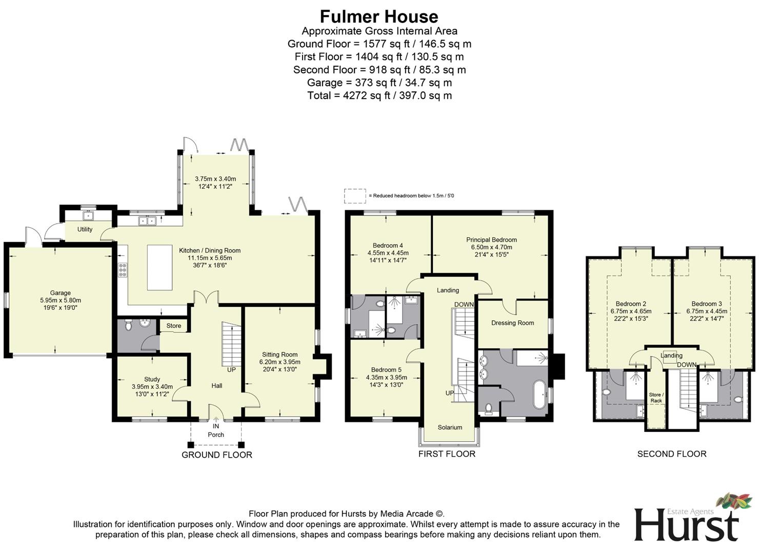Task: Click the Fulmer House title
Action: click(x=379, y=16)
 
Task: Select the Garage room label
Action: click(x=61, y=293)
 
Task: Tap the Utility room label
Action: click(x=85, y=229)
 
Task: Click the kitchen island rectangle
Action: click(x=159, y=267)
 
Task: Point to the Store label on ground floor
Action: click(x=173, y=326)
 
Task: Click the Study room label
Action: click(x=152, y=380)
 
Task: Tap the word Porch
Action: click(x=216, y=434)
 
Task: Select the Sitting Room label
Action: click(x=279, y=354)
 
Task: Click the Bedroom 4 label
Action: click(x=388, y=246)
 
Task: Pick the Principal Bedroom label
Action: click(x=491, y=240)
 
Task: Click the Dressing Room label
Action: click(x=512, y=323)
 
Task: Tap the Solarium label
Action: click(x=450, y=427)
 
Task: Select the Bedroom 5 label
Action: click(x=386, y=370)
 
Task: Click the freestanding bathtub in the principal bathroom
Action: click(x=540, y=394)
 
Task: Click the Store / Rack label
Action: click(x=656, y=398)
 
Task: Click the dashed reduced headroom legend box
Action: click(x=354, y=196)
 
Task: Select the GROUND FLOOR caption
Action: click(x=216, y=455)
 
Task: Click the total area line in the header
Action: click(x=379, y=95)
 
